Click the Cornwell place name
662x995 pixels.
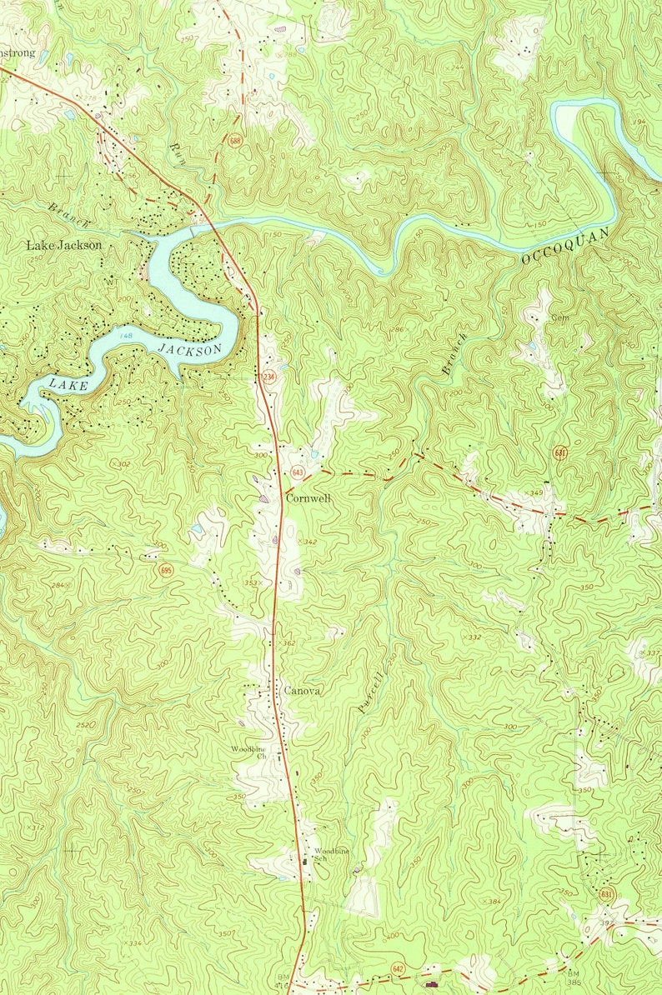coord(308,497)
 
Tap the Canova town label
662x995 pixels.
coord(302,691)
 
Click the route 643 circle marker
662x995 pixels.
coord(298,473)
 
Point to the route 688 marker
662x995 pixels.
coord(235,141)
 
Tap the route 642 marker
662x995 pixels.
coord(399,968)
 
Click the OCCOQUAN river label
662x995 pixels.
coord(566,246)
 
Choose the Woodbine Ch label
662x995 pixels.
coord(249,752)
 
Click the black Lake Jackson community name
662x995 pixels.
coord(64,245)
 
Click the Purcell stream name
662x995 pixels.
coord(373,690)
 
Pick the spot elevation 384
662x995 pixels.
coord(494,902)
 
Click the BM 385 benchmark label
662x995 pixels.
coord(574,977)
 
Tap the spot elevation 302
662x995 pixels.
coord(122,464)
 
